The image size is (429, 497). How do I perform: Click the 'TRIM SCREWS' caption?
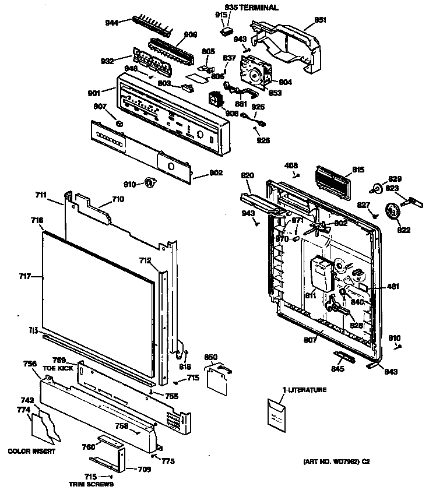tap(90, 484)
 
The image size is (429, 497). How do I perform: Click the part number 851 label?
tap(320, 20)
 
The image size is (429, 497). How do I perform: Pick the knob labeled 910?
tap(150, 184)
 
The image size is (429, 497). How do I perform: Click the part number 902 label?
tap(199, 173)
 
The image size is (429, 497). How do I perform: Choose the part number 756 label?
tap(30, 364)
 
